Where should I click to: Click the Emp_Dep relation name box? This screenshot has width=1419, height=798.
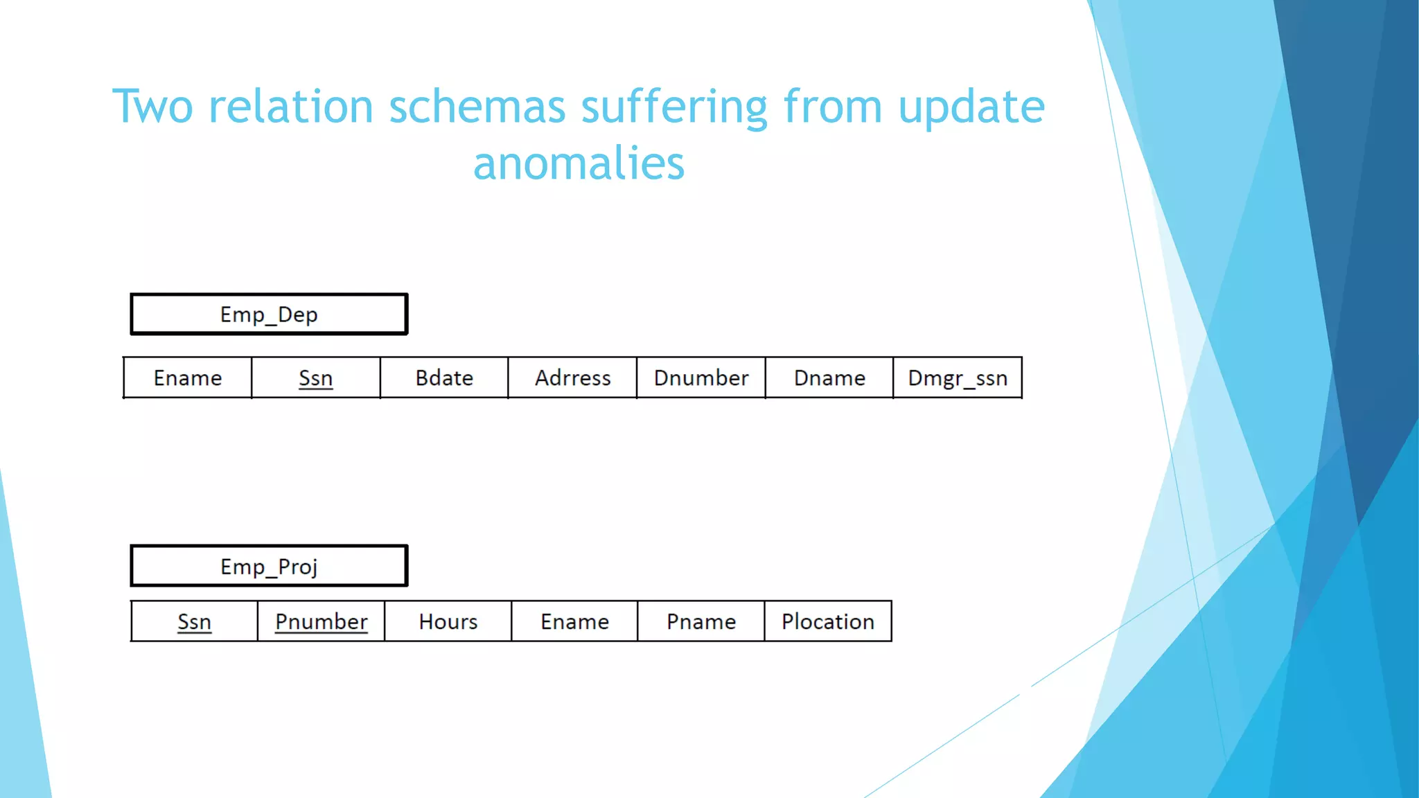coord(269,314)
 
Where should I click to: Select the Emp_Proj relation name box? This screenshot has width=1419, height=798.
coord(269,567)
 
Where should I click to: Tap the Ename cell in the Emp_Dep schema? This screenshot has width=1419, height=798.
coord(188,378)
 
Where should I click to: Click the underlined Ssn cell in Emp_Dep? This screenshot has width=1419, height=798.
coord(316,378)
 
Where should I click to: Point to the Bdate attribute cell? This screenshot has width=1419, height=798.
coord(444,378)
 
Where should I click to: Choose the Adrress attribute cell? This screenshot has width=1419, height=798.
coord(572,378)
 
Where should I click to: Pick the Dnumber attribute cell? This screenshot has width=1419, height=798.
coord(701,378)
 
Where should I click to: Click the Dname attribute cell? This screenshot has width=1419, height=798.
coord(829,378)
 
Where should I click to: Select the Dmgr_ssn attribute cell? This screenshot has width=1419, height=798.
coord(958,378)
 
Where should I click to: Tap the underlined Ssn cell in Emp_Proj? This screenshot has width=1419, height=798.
coord(194,621)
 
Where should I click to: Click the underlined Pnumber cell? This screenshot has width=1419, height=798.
coord(321,621)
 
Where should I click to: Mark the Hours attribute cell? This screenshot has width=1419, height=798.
coord(448,621)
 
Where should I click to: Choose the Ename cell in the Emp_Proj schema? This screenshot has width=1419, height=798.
coord(574,621)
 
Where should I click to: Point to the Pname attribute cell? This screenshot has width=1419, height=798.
coord(701,621)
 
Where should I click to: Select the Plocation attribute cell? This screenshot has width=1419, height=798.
coord(828,621)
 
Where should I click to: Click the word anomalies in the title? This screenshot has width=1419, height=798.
coord(579,163)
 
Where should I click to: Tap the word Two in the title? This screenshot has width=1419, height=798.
coord(152,107)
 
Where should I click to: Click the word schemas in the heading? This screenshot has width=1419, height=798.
coord(477,107)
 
